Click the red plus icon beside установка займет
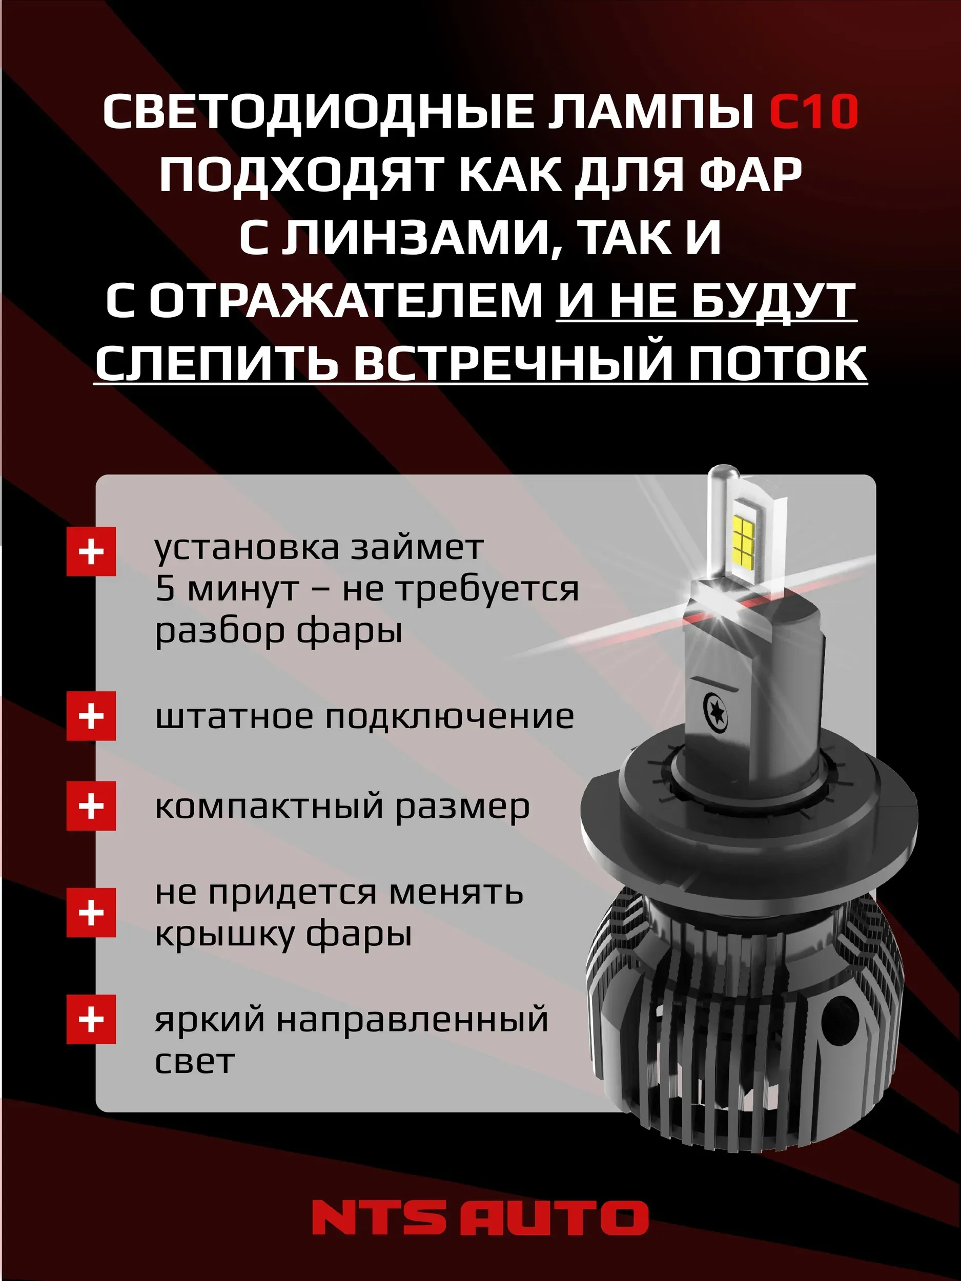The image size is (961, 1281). click(x=91, y=551)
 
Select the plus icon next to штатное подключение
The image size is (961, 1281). click(x=91, y=716)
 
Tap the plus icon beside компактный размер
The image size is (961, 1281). click(x=91, y=806)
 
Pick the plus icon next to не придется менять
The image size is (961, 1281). click(x=91, y=913)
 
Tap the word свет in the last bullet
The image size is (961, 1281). click(x=195, y=1061)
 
